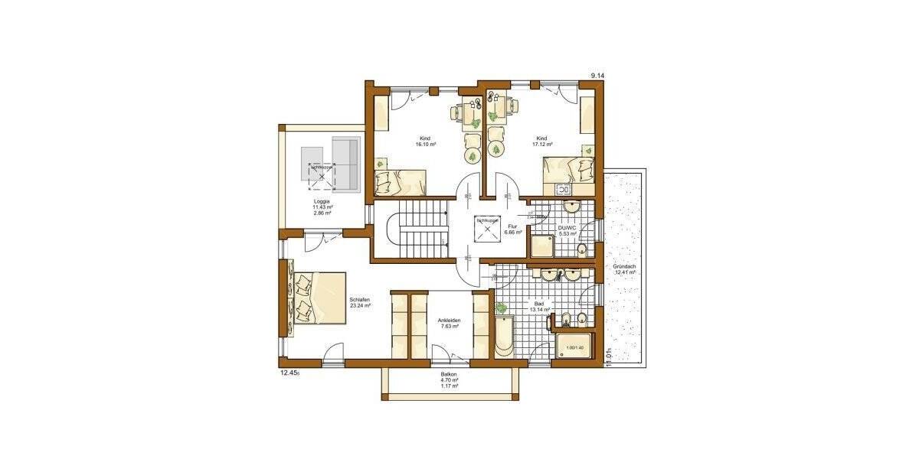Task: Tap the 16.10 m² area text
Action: pos(426,144)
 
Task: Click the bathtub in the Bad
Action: pos(503,337)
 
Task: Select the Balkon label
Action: pos(450,374)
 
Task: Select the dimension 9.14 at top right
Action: pos(597,75)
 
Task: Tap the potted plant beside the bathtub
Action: pos(501,308)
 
